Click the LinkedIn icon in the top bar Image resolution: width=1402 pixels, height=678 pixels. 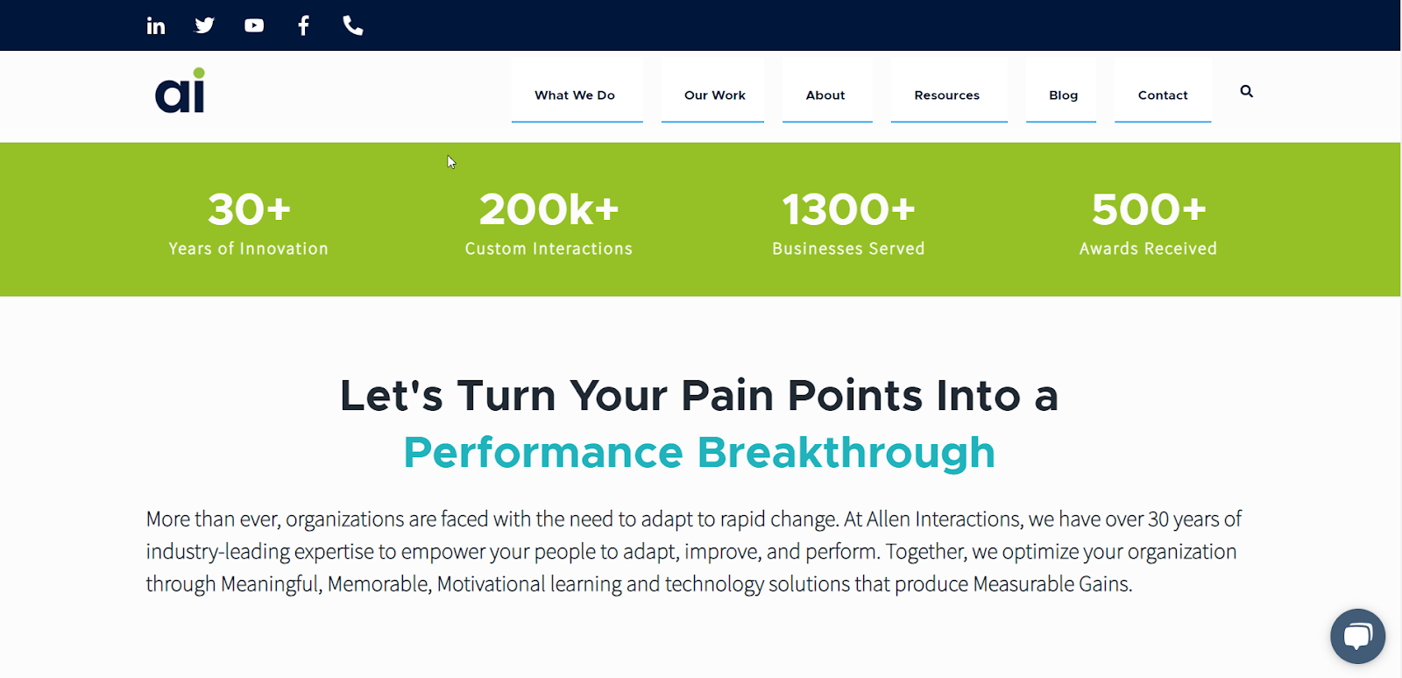155,25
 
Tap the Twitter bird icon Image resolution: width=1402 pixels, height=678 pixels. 205,25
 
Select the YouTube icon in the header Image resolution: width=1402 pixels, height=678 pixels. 254,25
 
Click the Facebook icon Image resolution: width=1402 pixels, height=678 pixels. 303,25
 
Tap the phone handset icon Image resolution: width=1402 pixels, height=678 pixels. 353,25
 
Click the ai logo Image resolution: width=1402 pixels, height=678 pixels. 181,91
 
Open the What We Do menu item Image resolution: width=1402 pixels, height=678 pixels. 575,95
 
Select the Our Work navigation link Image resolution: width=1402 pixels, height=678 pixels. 715,95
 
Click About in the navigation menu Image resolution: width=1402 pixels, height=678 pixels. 825,95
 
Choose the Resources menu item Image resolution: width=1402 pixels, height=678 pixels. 946,95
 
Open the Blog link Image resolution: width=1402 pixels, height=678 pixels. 1064,95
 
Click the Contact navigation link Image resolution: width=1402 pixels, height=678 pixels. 1162,95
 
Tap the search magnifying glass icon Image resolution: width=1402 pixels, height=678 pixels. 1247,91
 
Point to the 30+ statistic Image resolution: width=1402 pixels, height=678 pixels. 249,208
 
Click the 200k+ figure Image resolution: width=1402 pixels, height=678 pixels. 549,208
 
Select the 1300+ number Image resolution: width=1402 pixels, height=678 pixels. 849,208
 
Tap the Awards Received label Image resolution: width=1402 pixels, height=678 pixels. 1148,248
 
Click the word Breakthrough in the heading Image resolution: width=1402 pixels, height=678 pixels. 846,452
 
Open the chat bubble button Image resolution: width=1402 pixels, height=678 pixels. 1357,636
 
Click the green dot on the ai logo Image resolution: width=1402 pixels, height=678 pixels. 198,74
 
